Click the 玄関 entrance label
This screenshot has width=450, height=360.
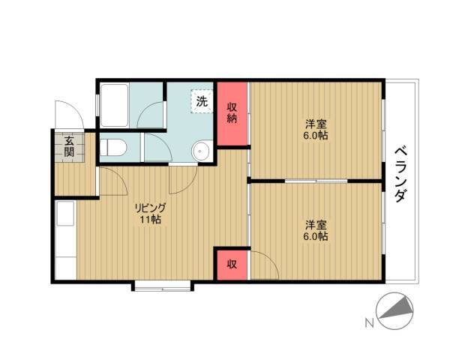point(69,146)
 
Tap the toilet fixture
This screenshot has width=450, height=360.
point(113,147)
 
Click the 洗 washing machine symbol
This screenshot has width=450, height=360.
point(202,101)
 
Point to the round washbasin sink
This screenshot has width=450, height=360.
point(202,151)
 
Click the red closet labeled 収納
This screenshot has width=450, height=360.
point(232,114)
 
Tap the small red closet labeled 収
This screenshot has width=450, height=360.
point(232,265)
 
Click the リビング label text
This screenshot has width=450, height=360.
point(151,208)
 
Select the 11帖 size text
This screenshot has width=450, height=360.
point(151,220)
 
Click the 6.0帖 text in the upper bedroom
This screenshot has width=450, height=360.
point(316,135)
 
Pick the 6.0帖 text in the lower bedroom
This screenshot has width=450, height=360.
point(316,236)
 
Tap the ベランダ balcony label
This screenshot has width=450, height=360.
point(401,175)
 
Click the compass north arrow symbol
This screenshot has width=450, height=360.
point(395,311)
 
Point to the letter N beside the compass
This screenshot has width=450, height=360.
point(370,323)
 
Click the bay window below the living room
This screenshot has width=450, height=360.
point(163,287)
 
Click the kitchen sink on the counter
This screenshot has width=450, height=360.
point(66,214)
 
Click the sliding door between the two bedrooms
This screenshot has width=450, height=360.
point(316,181)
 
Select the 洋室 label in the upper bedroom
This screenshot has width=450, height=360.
point(316,124)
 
